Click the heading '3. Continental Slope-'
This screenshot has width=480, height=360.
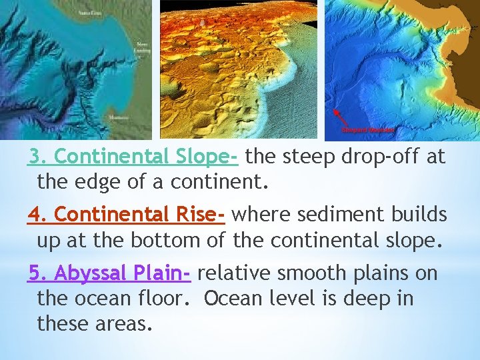[x=133, y=157]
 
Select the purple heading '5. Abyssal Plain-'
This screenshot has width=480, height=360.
[x=110, y=273]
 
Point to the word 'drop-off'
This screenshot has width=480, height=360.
[x=376, y=157]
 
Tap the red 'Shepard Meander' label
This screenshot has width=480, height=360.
[x=371, y=129]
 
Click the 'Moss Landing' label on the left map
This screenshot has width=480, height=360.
[x=141, y=49]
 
